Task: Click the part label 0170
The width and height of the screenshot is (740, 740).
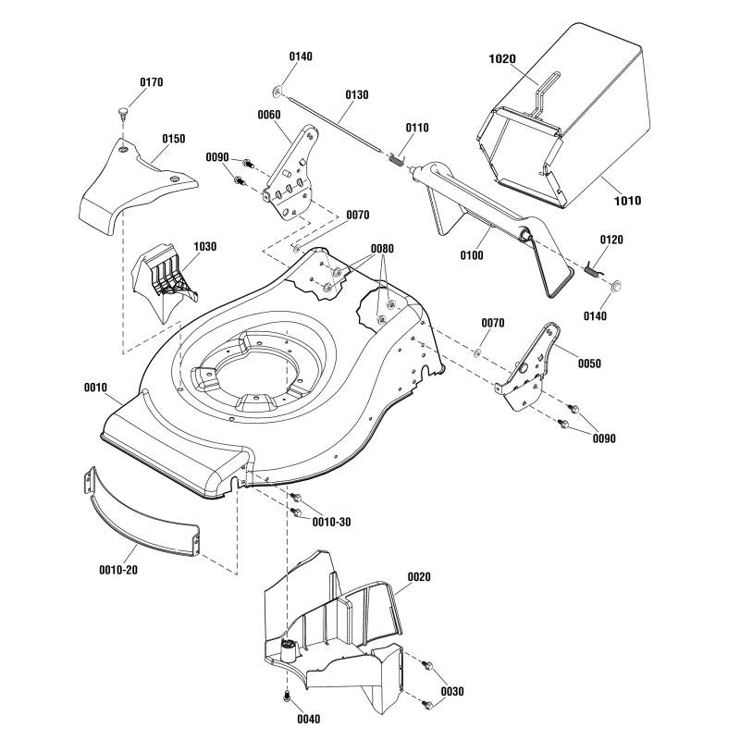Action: (x=152, y=82)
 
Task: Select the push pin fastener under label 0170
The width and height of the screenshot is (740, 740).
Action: (x=123, y=113)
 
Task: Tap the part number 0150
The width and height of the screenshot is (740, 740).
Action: (x=174, y=139)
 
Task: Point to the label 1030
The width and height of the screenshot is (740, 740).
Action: (x=205, y=247)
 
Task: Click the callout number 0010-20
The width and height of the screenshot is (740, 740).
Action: (x=118, y=569)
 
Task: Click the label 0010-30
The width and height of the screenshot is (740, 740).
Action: (x=332, y=522)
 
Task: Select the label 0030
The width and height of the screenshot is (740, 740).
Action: (x=452, y=691)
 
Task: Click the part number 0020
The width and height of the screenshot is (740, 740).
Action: (x=419, y=576)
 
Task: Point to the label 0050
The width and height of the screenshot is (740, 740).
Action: (x=589, y=364)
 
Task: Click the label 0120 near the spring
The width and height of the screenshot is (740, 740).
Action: (x=611, y=240)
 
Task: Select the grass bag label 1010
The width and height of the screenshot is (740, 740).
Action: (x=628, y=200)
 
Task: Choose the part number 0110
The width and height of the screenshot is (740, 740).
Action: (x=417, y=127)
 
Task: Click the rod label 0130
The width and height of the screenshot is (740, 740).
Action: (x=356, y=94)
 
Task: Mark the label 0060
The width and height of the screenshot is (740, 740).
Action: (x=269, y=115)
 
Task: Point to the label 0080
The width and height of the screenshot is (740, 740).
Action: (x=382, y=249)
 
